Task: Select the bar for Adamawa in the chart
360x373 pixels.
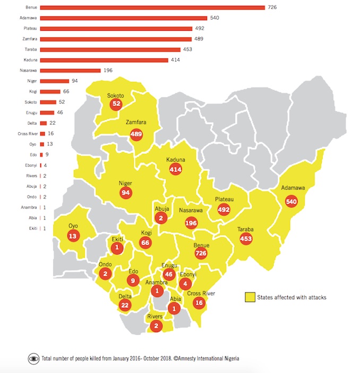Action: tap(123, 18)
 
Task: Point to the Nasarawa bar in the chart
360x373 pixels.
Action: tap(70, 71)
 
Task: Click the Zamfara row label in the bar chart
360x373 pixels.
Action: tap(30, 39)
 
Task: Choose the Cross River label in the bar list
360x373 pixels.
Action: tap(27, 133)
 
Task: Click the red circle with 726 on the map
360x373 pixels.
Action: tap(201, 254)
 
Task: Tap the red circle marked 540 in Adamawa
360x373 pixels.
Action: tap(291, 202)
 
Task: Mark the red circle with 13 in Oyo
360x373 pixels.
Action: tap(73, 236)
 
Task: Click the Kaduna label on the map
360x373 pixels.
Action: tap(176, 159)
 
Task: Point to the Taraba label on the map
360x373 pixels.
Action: tap(245, 230)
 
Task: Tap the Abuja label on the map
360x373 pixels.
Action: tap(161, 209)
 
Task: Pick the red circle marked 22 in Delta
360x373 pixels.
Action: tap(125, 305)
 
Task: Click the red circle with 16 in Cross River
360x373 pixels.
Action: tap(199, 303)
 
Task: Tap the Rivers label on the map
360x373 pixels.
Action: tap(155, 317)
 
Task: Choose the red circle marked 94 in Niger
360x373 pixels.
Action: tap(126, 193)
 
